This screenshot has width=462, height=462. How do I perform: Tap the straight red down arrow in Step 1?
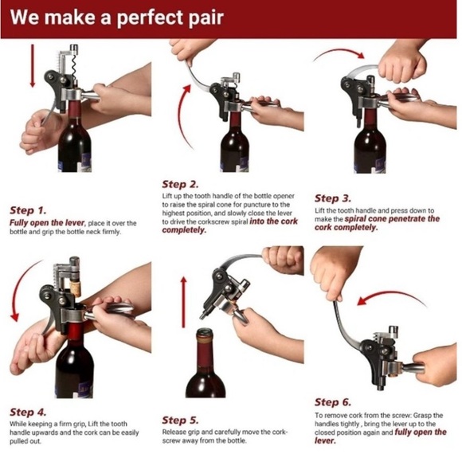31,67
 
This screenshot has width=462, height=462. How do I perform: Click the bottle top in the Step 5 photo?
205,338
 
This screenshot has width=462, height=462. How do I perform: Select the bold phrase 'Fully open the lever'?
46,223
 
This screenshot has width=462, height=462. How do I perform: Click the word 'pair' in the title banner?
203,18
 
